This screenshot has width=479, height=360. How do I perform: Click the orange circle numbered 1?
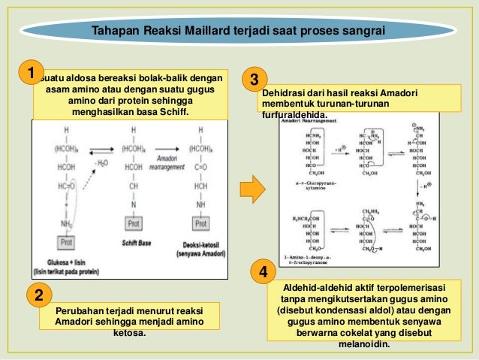[30, 74]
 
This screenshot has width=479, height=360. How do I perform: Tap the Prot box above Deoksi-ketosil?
[201, 224]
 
